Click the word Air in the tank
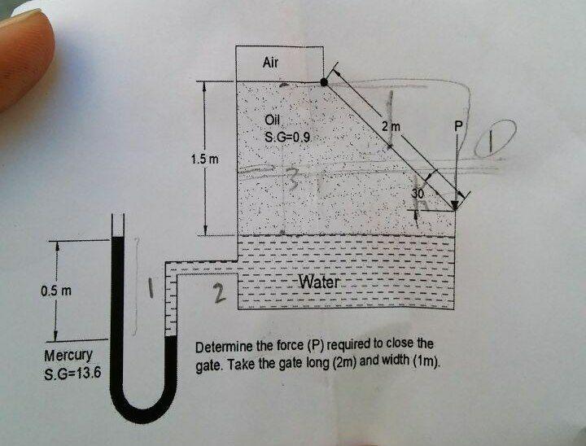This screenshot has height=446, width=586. pyautogui.click(x=272, y=62)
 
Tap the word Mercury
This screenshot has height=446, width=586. pyautogui.click(x=67, y=356)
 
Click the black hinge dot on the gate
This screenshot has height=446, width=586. pyautogui.click(x=325, y=81)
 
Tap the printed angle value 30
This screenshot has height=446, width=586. pyautogui.click(x=418, y=194)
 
